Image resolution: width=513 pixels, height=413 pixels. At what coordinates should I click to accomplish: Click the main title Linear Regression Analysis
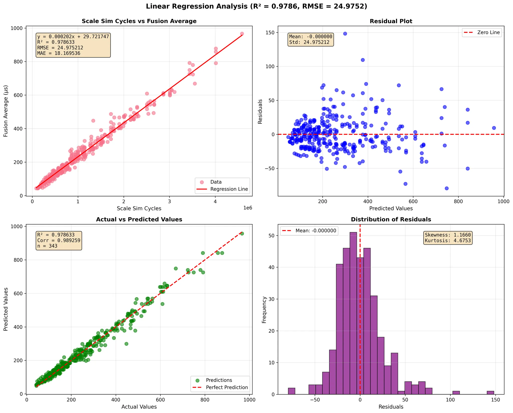(256, 7)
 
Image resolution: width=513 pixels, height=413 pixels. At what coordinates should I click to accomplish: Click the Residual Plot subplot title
(391, 21)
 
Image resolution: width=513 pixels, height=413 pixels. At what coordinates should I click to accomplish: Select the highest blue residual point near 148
(345, 34)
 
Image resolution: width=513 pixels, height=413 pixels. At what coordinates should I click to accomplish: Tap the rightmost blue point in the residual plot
(494, 128)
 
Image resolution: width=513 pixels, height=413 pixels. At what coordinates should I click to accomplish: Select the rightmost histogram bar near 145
(490, 392)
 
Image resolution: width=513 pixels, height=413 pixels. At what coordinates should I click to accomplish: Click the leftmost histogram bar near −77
(292, 391)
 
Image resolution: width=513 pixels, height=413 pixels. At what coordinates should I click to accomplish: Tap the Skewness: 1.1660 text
(448, 235)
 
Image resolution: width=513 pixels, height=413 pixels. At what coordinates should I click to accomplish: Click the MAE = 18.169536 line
(59, 53)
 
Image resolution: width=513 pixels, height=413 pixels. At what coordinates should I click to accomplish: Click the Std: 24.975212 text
(309, 42)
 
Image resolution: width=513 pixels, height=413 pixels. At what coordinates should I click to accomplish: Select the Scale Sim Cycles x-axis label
(139, 209)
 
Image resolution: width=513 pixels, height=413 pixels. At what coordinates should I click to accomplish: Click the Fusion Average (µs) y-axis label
(6, 111)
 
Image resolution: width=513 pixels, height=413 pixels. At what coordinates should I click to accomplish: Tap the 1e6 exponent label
(247, 208)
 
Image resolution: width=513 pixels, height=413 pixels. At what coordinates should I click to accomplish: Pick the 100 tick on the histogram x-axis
(450, 400)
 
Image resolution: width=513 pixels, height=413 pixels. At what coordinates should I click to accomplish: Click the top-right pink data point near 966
(242, 34)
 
